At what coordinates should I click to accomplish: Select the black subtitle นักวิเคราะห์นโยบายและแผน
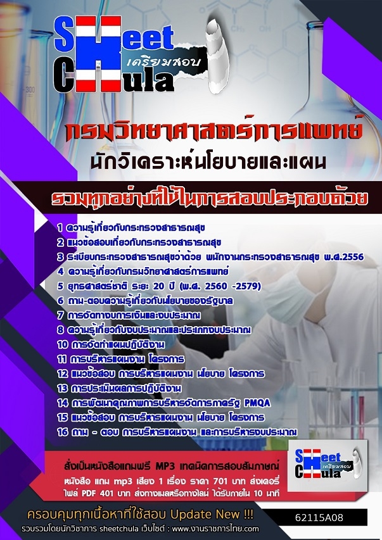(208, 163)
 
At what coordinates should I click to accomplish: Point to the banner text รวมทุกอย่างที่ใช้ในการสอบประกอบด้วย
(209, 198)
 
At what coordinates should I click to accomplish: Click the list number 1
(60, 228)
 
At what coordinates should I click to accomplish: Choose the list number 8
(60, 330)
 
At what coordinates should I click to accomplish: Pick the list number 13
(62, 389)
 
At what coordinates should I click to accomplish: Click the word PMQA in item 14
(257, 403)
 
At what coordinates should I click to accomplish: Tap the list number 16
(63, 432)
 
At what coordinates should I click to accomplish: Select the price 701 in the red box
(220, 480)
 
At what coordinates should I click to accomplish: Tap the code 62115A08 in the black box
(319, 518)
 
